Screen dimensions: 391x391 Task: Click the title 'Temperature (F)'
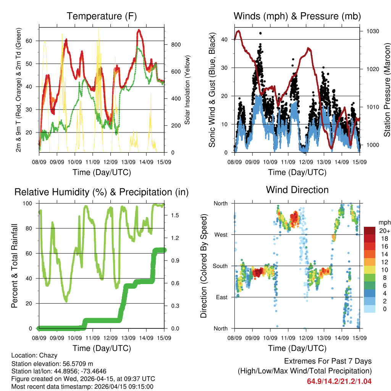pos(102,16)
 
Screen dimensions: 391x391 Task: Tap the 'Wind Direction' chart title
pos(297,189)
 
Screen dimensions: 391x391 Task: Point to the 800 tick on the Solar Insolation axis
pos(176,45)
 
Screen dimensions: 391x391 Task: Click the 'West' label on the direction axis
pos(221,234)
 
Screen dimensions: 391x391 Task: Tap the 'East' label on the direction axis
pos(221,297)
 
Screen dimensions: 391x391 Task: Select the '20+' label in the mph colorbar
pos(384,231)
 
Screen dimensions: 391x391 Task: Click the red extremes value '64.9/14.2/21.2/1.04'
pos(339,381)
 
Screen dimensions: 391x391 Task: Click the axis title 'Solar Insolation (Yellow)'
pos(187,90)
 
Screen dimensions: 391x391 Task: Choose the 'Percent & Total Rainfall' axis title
pos(15,266)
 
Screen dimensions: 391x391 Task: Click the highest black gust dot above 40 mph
pos(260,33)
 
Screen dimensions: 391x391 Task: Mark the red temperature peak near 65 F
pos(139,30)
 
